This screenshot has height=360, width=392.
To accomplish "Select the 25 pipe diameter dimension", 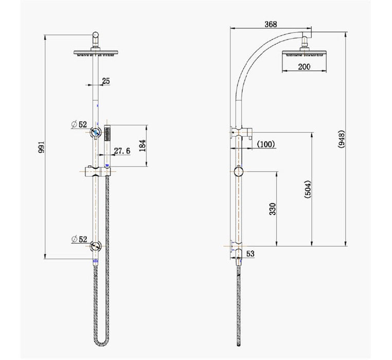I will (x=106, y=80).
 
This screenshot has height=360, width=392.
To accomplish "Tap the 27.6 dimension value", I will (x=122, y=150).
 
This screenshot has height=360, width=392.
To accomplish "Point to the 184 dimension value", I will (x=142, y=146).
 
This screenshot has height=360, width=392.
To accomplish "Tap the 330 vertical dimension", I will (x=273, y=208).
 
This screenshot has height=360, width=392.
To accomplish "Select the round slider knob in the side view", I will (x=237, y=171).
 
